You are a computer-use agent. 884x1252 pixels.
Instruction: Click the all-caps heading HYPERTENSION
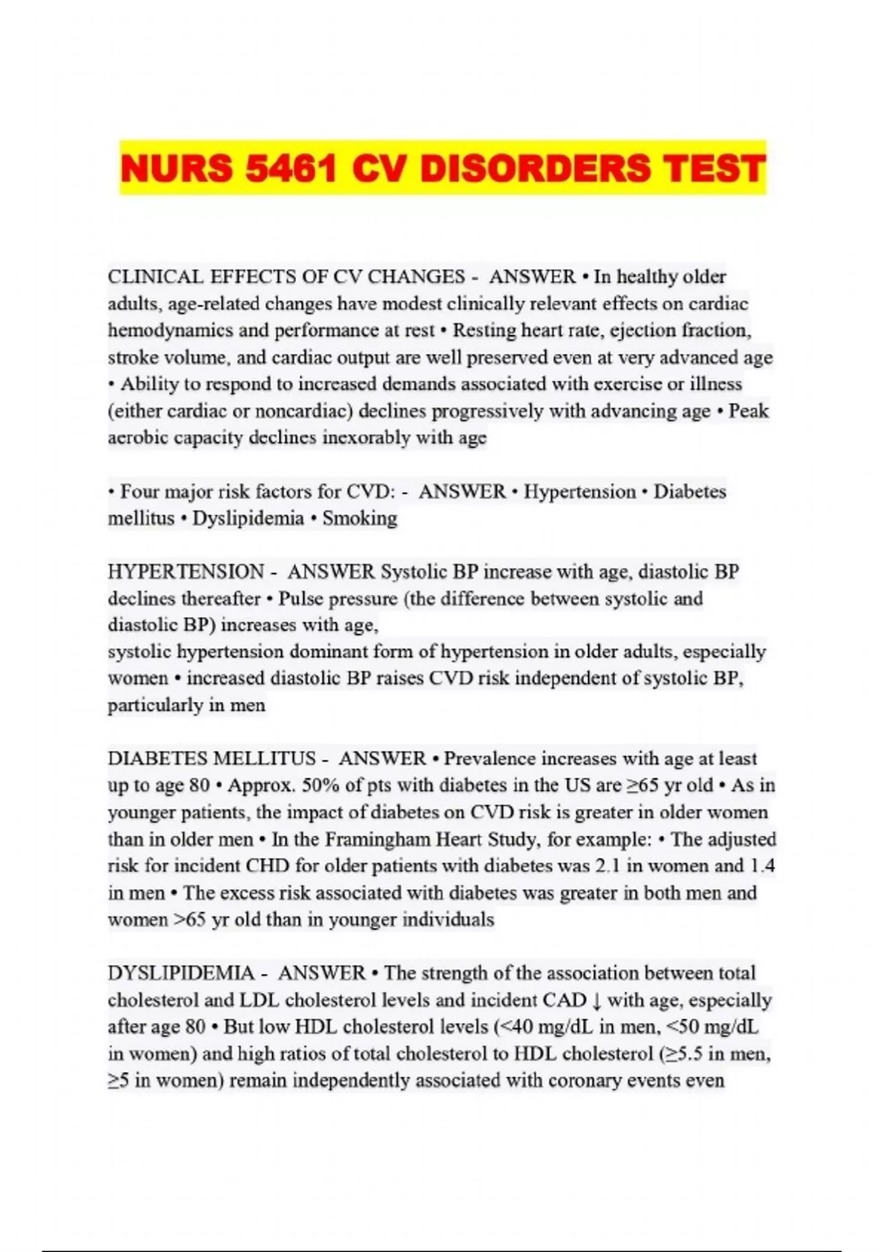coord(186,572)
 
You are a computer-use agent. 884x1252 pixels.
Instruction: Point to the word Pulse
coord(301,599)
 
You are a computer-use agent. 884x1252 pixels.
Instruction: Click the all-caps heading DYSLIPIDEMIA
coord(180,973)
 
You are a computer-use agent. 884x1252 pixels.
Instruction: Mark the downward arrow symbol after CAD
coord(596,1000)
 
